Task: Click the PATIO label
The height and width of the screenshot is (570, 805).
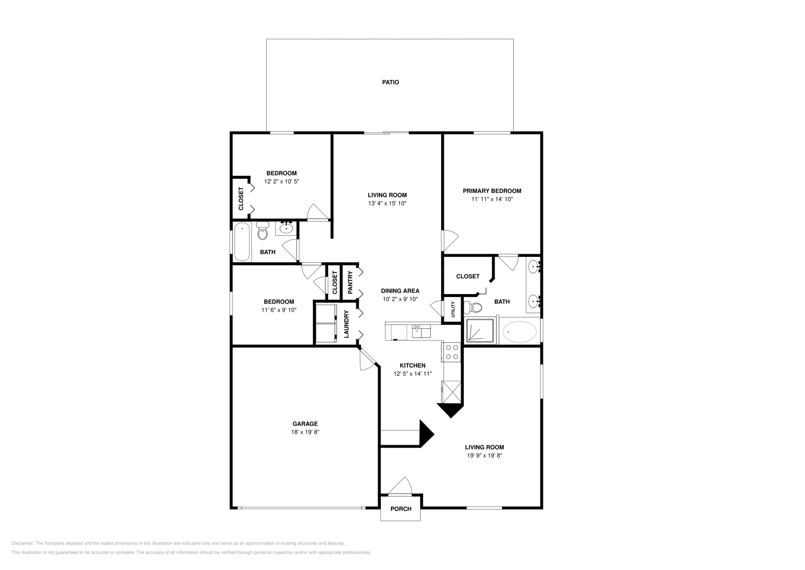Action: [x=390, y=82]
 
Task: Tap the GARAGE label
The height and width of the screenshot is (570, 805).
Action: [x=305, y=423]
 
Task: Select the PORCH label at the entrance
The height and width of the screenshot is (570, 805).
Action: [x=400, y=509]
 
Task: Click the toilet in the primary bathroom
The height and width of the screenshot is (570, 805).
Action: [x=473, y=307]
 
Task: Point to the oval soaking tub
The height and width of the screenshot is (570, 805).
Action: [x=519, y=332]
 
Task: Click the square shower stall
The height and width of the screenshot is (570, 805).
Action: [x=479, y=331]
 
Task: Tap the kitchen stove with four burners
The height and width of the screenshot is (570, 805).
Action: [x=452, y=352]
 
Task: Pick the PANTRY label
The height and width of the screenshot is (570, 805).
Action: [x=350, y=283]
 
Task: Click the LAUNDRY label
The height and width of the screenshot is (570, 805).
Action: [x=347, y=324]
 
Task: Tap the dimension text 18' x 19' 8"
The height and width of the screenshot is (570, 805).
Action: [x=305, y=432]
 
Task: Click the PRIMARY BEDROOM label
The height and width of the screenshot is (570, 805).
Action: [x=492, y=191]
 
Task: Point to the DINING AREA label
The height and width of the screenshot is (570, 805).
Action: [x=400, y=291]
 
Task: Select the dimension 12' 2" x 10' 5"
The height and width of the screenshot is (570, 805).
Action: [x=281, y=181]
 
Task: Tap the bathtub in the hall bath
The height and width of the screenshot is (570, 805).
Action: [x=242, y=242]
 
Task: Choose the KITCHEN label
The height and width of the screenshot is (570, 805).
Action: [x=413, y=366]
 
